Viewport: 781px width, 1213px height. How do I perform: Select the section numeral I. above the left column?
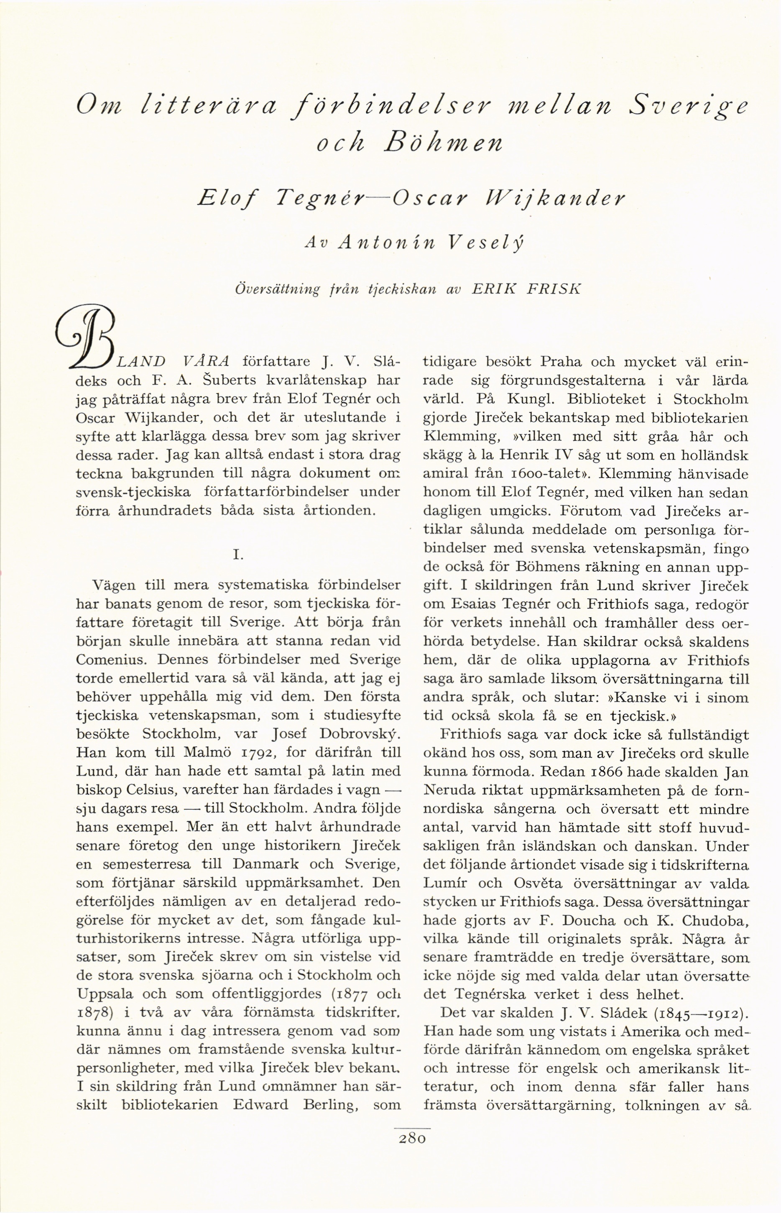point(238,555)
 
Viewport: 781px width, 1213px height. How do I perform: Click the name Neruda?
point(451,791)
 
